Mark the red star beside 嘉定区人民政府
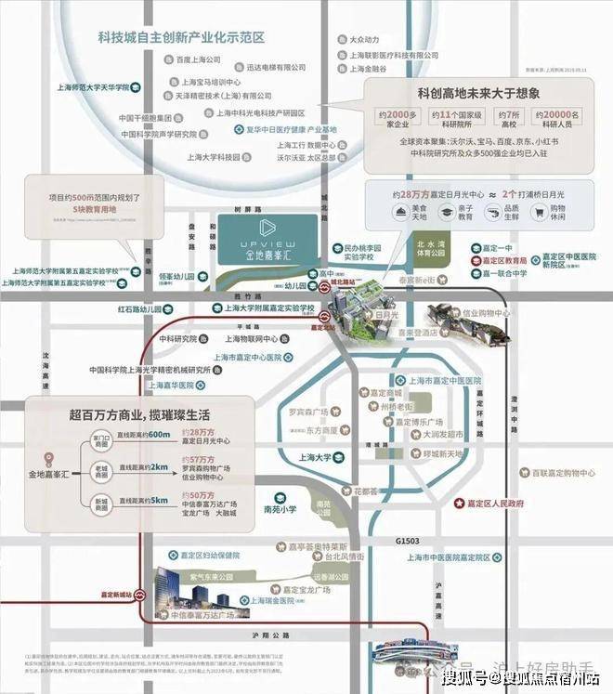[x=457, y=503]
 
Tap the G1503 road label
[x=408, y=540]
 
